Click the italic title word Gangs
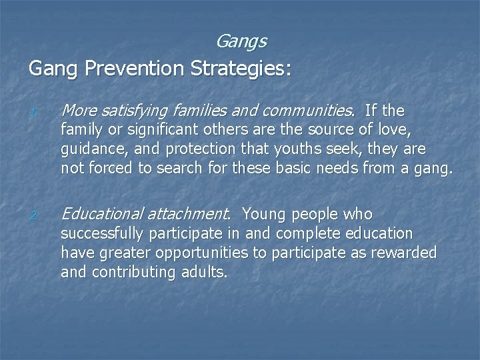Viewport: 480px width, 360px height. coord(241,42)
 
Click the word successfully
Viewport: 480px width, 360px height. coord(103,235)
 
